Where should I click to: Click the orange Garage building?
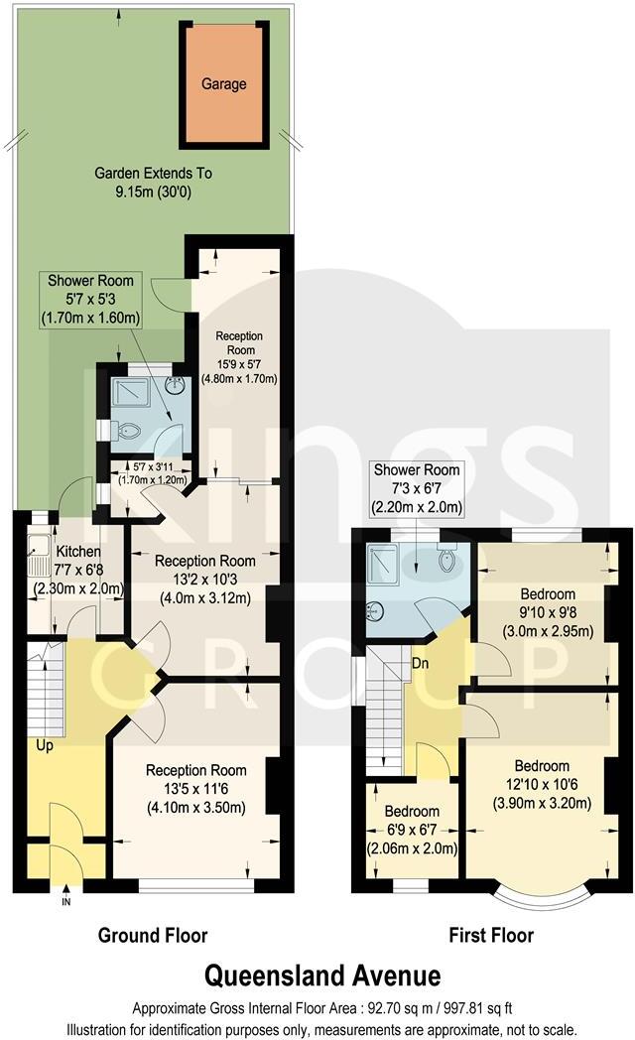pyautogui.click(x=224, y=84)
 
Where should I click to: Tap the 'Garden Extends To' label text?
pyautogui.click(x=153, y=173)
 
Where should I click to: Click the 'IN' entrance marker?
pyautogui.click(x=66, y=902)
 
